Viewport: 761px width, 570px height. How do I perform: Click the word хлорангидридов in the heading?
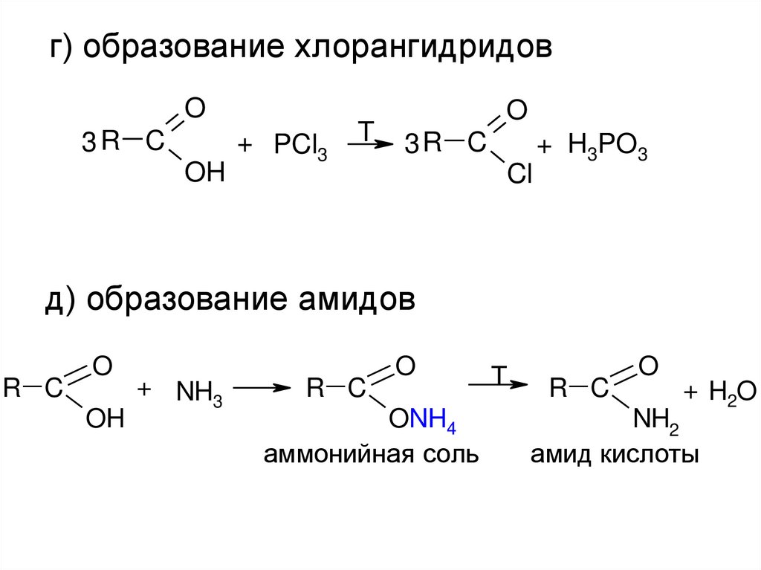[x=425, y=48]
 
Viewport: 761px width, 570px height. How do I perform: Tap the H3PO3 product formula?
[x=608, y=146]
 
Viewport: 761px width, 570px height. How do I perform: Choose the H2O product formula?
[x=732, y=392]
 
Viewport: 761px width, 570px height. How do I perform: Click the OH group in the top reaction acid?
[x=204, y=174]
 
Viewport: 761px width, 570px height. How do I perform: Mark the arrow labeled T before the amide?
[x=497, y=384]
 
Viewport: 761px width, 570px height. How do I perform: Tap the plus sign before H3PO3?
[x=545, y=146]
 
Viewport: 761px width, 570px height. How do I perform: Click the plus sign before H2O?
[x=690, y=392]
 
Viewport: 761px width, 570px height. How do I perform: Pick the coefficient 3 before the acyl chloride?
[x=412, y=146]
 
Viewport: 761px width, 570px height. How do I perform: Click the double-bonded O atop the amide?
[x=647, y=365]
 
